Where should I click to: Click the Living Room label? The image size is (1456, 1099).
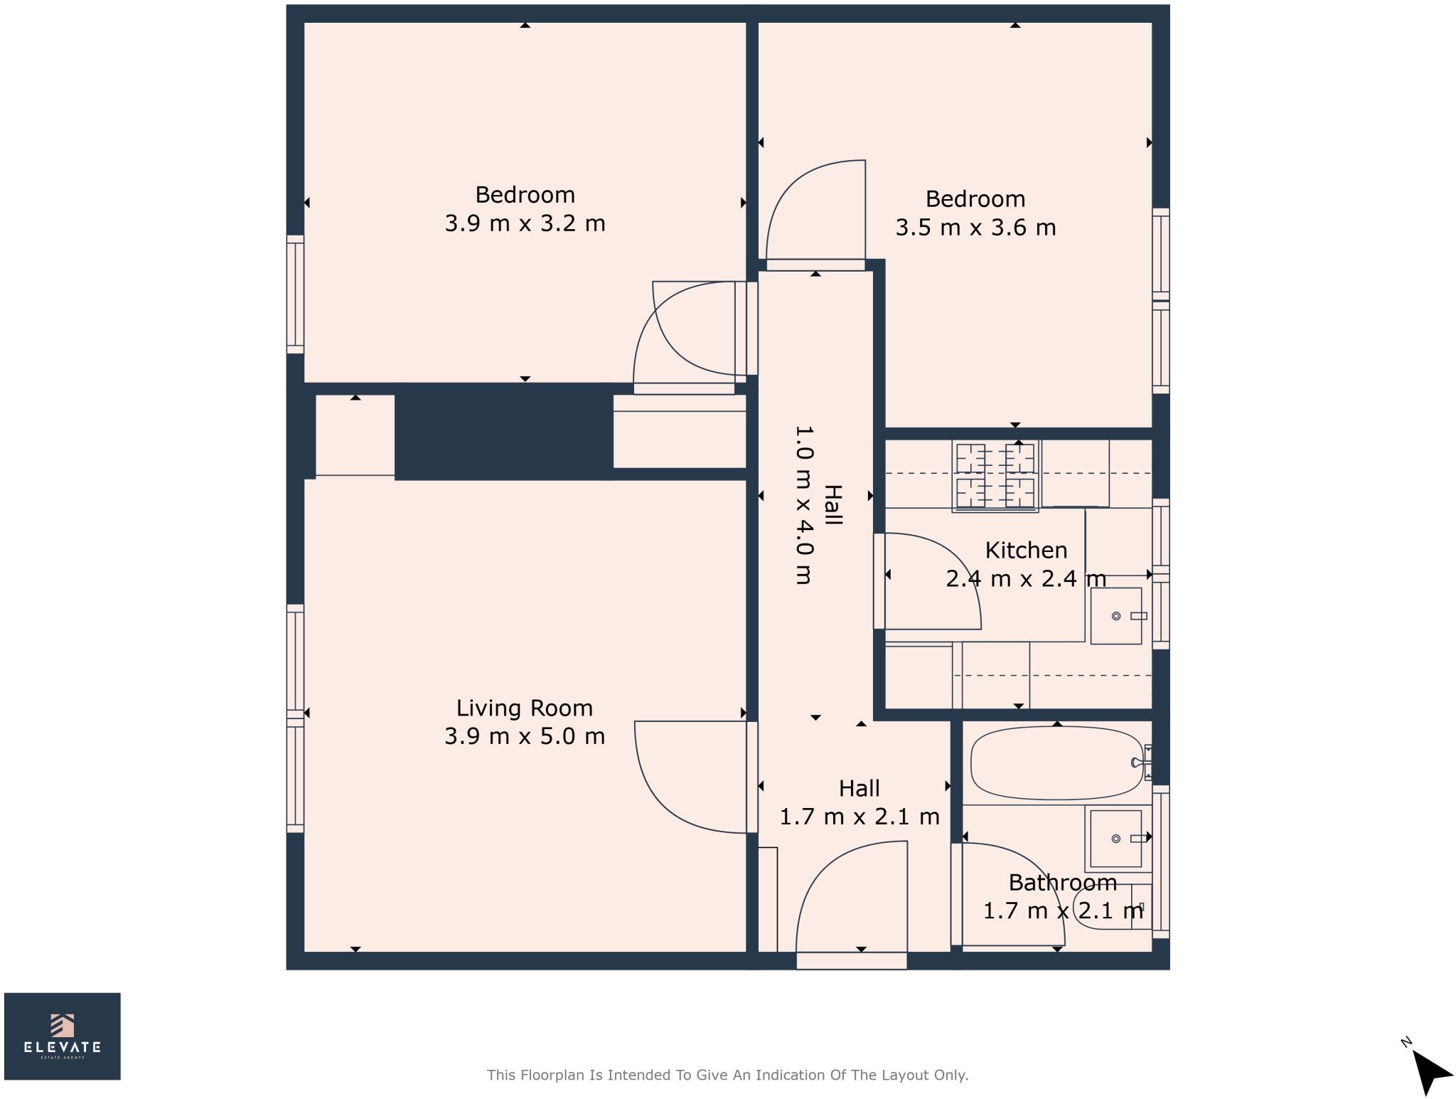point(524,708)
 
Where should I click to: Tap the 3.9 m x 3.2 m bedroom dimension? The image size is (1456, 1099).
point(525,223)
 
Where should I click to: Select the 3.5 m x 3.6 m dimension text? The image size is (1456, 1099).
point(975,228)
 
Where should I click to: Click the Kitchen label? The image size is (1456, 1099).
point(1025,550)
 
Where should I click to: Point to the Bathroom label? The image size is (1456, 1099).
point(1062,882)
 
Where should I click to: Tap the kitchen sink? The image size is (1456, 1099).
point(1115,616)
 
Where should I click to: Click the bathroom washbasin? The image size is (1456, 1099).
point(1115,839)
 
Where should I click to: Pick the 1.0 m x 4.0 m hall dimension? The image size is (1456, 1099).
point(803,505)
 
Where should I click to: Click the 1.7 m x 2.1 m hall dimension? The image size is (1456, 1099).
point(859,817)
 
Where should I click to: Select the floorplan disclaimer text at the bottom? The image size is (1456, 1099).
point(727,1075)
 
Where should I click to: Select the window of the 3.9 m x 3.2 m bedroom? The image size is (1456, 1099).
point(295,294)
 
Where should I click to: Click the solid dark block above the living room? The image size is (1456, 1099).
point(503,432)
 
